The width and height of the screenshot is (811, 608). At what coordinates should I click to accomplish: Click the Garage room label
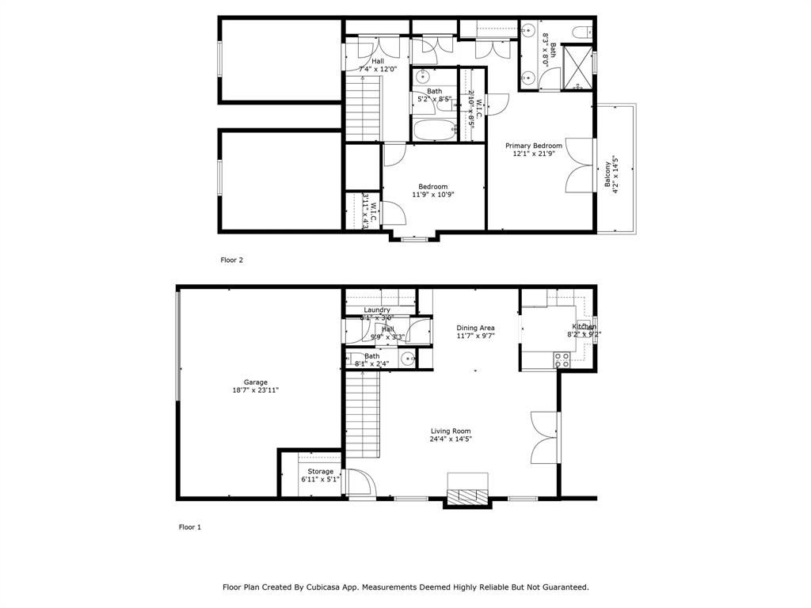coord(255,386)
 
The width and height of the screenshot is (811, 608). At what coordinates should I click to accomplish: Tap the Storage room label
coord(321,475)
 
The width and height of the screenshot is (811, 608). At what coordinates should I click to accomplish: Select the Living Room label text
coord(451,435)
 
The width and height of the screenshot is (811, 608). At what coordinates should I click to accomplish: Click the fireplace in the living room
coord(467,494)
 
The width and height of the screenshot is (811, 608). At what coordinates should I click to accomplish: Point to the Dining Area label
coord(475,332)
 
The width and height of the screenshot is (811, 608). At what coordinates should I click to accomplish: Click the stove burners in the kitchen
coord(562,360)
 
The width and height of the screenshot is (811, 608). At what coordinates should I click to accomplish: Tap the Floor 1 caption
coord(190,526)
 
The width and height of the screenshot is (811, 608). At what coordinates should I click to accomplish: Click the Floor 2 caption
coord(231,259)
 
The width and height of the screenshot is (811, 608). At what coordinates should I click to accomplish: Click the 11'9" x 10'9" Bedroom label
coord(432,191)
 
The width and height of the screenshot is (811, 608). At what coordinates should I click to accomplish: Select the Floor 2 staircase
coord(363,107)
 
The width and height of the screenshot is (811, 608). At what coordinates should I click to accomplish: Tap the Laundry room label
coord(377,310)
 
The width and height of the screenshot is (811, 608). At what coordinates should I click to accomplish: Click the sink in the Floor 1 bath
coord(409,359)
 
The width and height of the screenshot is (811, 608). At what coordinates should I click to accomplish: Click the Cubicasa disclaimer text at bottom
coord(405,587)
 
